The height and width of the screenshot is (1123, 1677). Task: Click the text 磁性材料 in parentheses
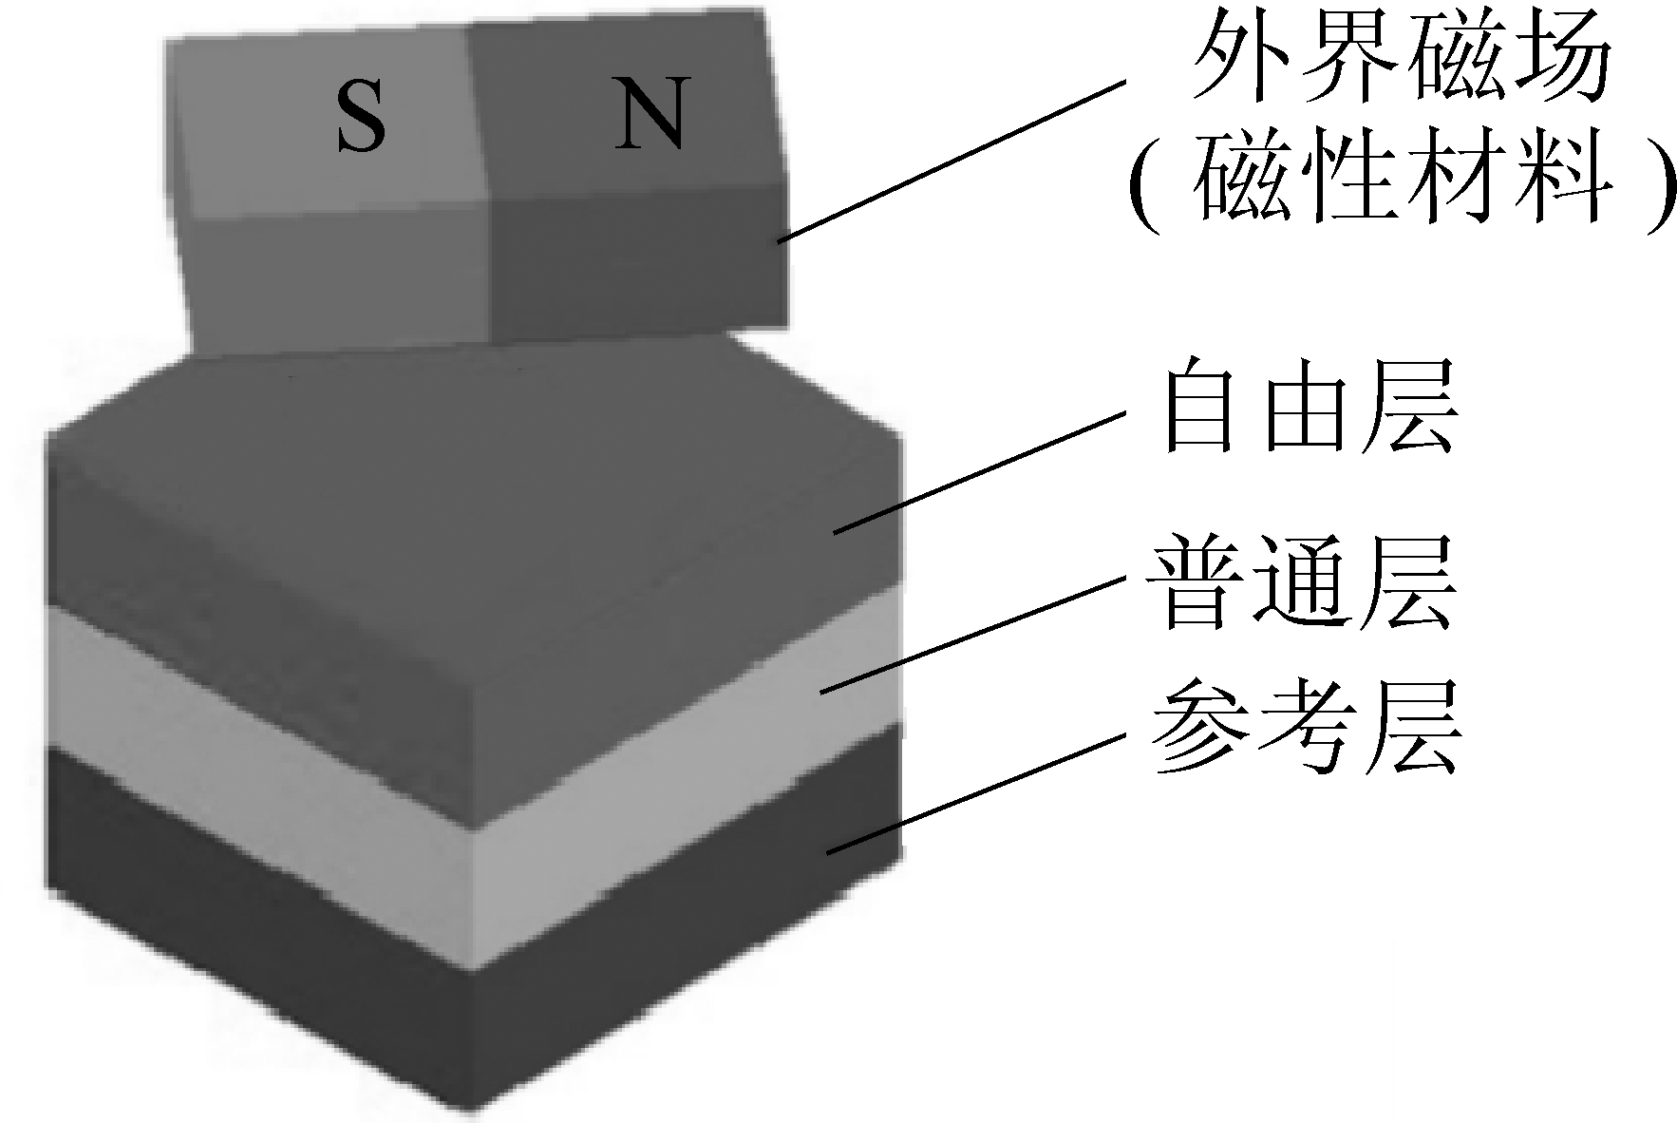1402,184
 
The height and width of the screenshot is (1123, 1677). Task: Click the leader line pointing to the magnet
950,162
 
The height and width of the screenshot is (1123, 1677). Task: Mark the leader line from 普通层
969,632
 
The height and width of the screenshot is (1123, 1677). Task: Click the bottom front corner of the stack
472,1102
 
